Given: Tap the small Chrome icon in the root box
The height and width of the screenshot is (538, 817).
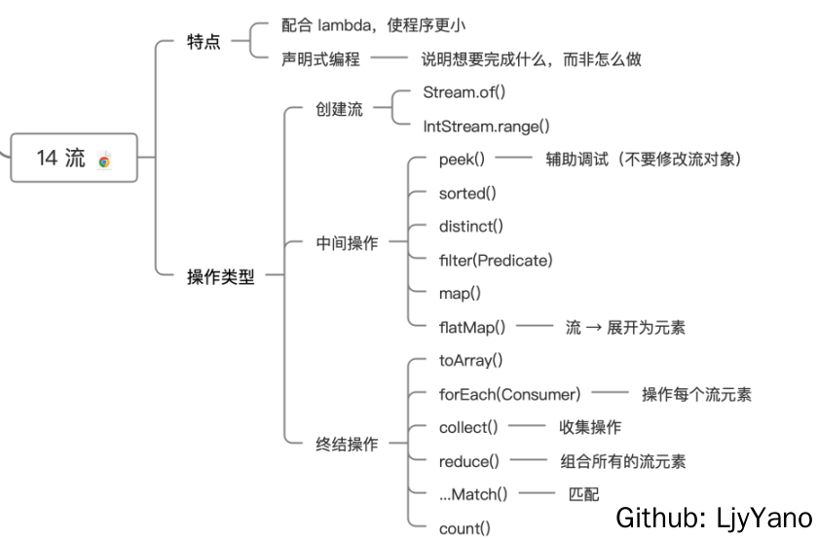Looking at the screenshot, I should tap(105, 161).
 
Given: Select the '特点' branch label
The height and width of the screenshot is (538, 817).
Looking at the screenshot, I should tap(204, 43).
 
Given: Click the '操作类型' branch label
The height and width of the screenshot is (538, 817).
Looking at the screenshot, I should tap(220, 276).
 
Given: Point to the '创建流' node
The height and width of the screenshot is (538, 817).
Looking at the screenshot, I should tap(339, 109).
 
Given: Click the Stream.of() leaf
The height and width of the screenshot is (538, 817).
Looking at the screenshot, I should tap(464, 92).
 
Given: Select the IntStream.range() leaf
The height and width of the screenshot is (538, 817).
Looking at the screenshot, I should tap(486, 126).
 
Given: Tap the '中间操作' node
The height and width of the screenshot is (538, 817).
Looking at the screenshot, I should tap(347, 243).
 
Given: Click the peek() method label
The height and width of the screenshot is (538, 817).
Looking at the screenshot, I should tap(463, 160).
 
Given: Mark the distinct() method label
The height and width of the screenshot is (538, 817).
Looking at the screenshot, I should tap(471, 226).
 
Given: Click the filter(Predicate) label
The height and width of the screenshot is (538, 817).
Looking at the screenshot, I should tap(496, 260).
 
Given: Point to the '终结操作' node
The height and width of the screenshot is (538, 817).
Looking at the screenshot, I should tap(347, 445).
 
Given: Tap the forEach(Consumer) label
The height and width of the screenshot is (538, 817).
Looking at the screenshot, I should tap(509, 394).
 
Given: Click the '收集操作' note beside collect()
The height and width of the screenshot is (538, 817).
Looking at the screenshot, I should tap(590, 427).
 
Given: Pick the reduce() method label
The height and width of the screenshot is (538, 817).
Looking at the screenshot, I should tap(468, 461).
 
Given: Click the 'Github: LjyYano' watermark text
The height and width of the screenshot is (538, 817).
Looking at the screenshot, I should tap(713, 517).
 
